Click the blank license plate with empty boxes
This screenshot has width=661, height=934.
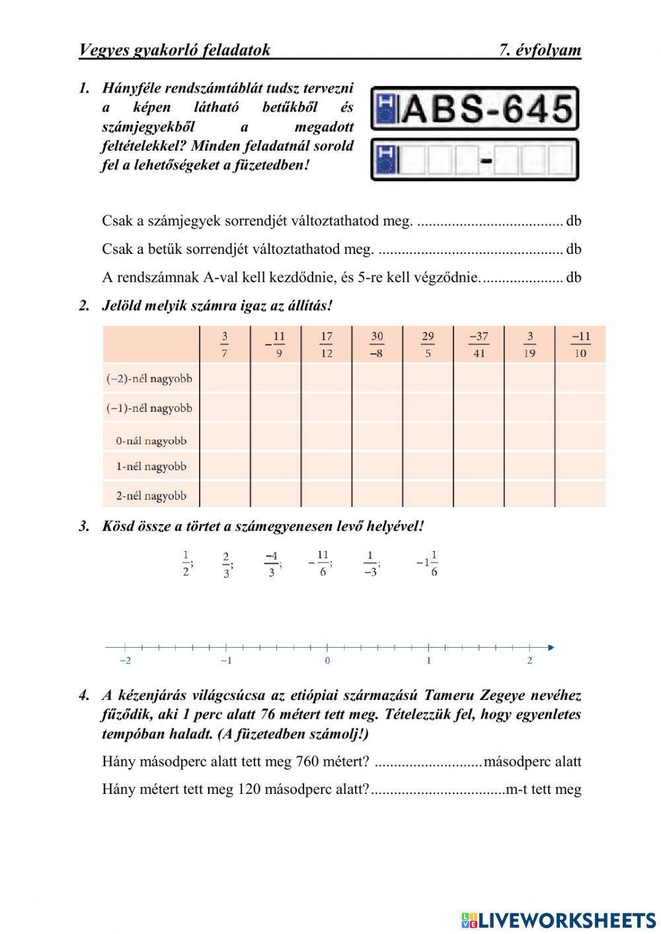tap(474, 160)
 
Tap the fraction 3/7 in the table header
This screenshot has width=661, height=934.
tap(225, 344)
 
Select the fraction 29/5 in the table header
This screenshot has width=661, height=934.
tap(428, 344)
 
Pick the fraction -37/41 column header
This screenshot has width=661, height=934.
tap(479, 344)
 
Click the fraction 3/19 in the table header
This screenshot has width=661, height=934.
tap(529, 344)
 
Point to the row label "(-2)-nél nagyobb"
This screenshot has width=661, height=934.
tap(149, 379)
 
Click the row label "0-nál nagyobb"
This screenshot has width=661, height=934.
tap(151, 441)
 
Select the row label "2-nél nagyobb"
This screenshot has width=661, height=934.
tap(151, 496)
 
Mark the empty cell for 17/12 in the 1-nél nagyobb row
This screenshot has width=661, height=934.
tap(327, 467)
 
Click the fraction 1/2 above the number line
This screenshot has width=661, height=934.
tap(186, 563)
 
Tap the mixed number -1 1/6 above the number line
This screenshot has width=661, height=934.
tap(427, 563)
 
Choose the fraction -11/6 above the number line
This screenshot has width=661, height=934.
tap(320, 563)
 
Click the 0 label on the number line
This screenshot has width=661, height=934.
tap(327, 660)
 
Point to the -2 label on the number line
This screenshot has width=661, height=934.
tap(124, 660)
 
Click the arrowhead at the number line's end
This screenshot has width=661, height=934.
tap(551, 648)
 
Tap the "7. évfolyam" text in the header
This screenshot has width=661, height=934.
tap(539, 50)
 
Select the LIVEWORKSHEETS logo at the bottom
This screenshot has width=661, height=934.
tap(559, 920)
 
